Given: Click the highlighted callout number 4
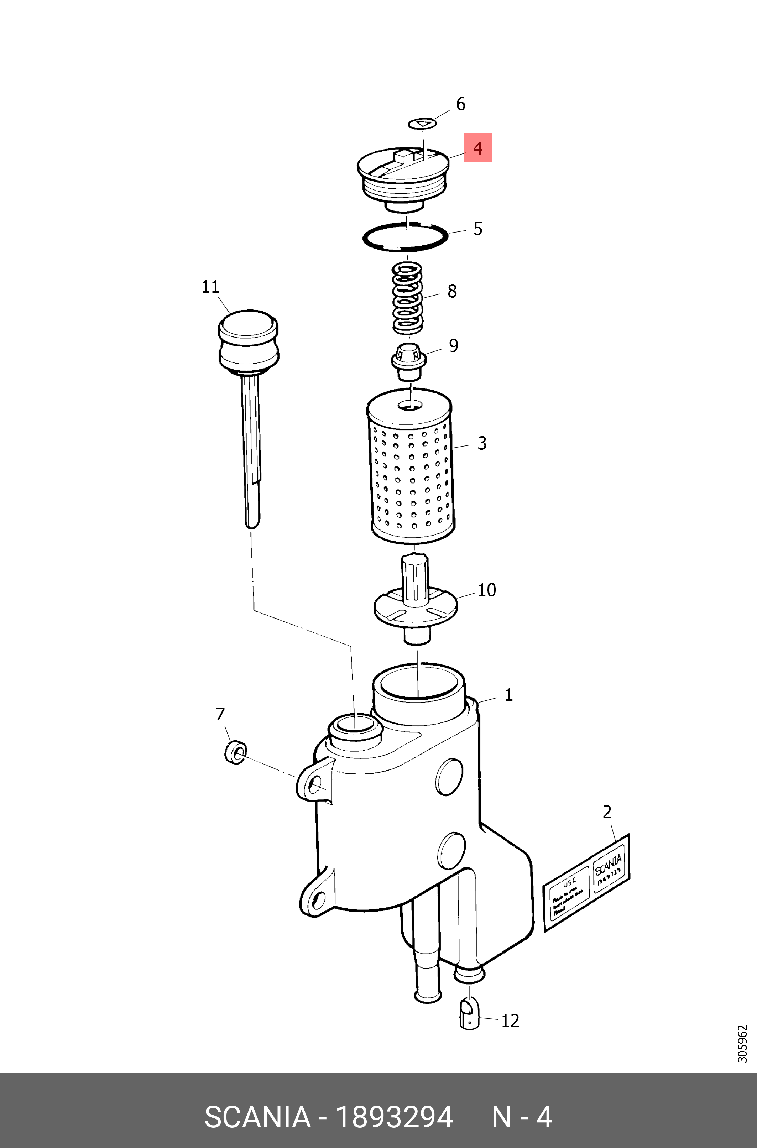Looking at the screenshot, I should [x=477, y=148].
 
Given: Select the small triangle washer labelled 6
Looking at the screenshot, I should [x=422, y=124].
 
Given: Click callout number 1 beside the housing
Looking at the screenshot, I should [x=508, y=695].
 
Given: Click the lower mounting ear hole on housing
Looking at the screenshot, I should [x=319, y=898].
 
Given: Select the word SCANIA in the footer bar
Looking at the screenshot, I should [x=257, y=1117].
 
